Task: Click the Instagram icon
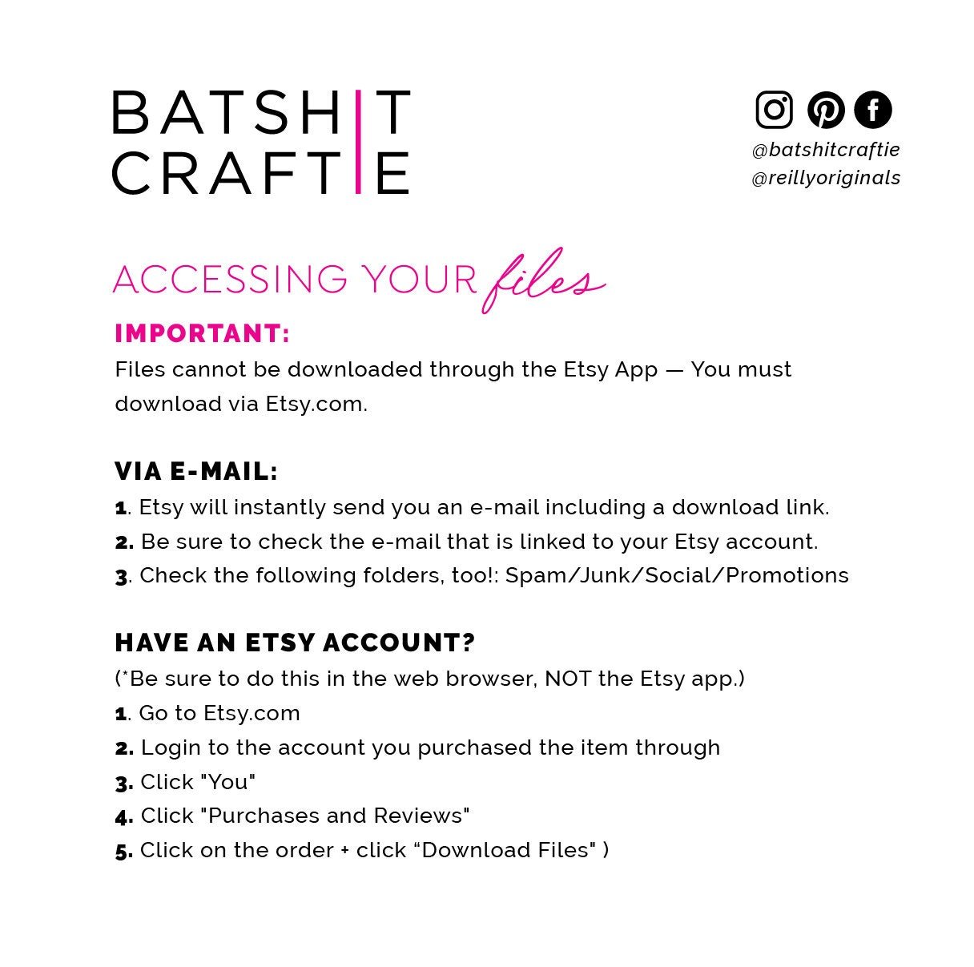pyautogui.click(x=774, y=110)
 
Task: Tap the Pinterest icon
pyautogui.click(x=825, y=110)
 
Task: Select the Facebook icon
pyautogui.click(x=872, y=110)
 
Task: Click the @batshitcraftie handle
pyautogui.click(x=826, y=150)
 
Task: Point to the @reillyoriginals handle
pyautogui.click(x=826, y=178)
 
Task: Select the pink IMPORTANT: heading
pyautogui.click(x=202, y=333)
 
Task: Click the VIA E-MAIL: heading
pyautogui.click(x=196, y=472)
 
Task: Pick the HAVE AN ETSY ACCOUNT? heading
pyautogui.click(x=295, y=643)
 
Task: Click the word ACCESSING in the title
pyautogui.click(x=231, y=279)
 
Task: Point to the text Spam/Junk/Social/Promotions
pyautogui.click(x=677, y=575)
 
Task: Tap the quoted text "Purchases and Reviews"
pyautogui.click(x=334, y=816)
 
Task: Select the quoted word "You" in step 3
pyautogui.click(x=228, y=782)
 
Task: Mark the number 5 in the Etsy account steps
pyautogui.click(x=123, y=851)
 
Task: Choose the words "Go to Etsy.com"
pyautogui.click(x=219, y=713)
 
